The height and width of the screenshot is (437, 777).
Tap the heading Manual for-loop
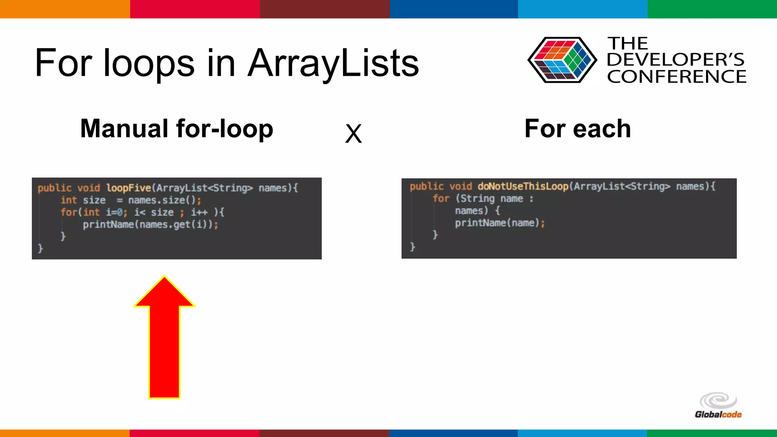pos(176,129)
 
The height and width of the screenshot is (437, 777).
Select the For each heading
pos(577,129)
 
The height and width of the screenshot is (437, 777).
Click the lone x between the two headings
pos(353,134)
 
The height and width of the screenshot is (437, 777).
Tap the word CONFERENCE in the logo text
pos(676,77)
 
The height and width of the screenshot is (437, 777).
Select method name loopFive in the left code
pos(129,188)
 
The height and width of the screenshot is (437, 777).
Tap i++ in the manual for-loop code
pos(199,212)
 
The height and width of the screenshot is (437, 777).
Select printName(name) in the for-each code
pos(497,223)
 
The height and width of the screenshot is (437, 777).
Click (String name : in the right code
pos(494,198)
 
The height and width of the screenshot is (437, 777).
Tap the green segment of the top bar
pos(712,9)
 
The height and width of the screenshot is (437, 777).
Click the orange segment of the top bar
pos(64,9)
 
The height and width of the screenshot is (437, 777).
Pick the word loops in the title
pos(149,63)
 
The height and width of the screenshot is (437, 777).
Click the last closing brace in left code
pos(40,248)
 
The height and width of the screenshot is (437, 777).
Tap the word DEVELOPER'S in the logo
pos(675,60)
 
